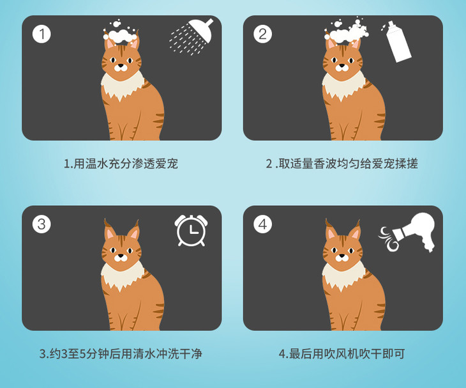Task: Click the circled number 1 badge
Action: tap(41, 35)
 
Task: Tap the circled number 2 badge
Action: tap(263, 35)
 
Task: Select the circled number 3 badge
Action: tap(41, 224)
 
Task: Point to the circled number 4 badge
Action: tap(263, 224)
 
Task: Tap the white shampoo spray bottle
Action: tap(398, 42)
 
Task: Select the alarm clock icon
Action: tap(191, 231)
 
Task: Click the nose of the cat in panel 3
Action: tap(121, 255)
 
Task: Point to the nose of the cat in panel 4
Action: tap(342, 255)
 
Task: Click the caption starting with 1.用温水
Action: tap(121, 164)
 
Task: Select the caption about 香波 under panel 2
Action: tap(342, 164)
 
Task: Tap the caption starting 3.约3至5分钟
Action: tap(121, 353)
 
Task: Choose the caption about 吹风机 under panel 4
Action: tap(342, 353)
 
